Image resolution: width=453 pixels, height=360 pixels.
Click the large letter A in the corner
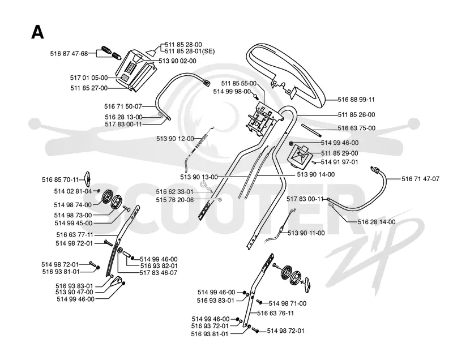(37, 32)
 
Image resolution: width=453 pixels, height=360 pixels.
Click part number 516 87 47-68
(69, 53)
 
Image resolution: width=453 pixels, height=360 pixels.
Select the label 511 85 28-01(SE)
(190, 52)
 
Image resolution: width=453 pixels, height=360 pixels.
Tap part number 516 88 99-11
(356, 100)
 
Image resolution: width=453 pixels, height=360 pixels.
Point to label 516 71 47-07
(420, 179)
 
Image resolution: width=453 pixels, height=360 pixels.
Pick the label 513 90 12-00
(175, 139)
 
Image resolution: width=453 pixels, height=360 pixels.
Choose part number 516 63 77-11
(75, 235)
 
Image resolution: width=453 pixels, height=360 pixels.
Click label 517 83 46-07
(159, 272)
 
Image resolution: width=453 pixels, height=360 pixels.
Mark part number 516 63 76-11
(275, 313)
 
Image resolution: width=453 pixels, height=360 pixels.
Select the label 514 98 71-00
(288, 303)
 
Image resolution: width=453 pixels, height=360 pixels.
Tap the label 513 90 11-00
(306, 233)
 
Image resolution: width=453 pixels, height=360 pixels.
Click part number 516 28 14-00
(377, 222)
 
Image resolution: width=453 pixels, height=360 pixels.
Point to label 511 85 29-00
(340, 153)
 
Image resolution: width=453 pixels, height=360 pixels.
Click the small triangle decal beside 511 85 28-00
(151, 53)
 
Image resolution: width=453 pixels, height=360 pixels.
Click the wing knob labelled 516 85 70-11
(87, 179)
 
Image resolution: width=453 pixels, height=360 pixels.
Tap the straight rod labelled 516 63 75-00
(311, 130)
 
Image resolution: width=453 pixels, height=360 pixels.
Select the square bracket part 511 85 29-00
(300, 156)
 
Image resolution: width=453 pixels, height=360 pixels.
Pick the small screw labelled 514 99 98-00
(255, 95)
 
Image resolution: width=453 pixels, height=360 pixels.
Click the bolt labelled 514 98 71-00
(259, 302)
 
